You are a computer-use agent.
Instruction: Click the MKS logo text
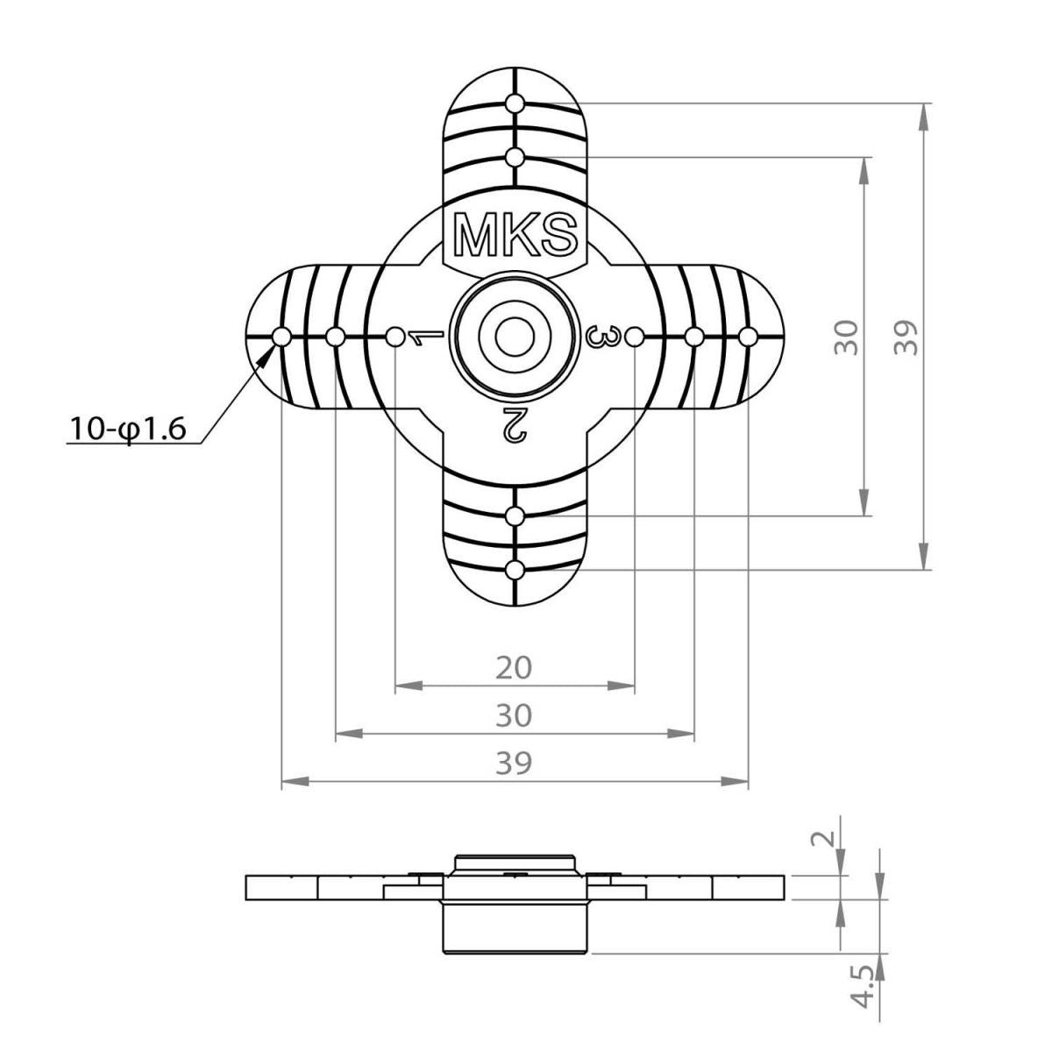pos(515,235)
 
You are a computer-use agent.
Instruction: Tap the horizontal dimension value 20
pos(514,668)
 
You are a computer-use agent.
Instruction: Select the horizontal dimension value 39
pos(514,763)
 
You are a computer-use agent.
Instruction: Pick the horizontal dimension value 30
pos(514,715)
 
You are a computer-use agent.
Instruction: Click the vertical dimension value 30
pos(845,337)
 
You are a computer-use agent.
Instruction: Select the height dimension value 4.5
pos(864,985)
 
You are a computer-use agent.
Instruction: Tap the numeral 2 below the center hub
pos(514,423)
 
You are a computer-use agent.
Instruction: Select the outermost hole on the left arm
pos(281,337)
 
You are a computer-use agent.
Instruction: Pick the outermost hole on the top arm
pos(515,103)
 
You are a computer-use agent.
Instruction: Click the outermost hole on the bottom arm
pos(515,571)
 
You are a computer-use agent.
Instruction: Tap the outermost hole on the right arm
pos(748,337)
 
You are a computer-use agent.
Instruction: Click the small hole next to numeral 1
pos(395,337)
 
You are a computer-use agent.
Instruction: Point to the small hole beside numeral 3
pos(636,337)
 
